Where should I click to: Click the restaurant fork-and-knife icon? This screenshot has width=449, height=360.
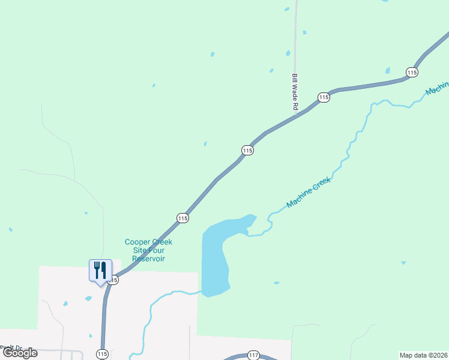tap(100, 270)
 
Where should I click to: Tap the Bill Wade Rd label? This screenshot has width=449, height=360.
tap(295, 92)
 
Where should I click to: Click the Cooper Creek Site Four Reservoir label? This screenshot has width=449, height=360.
tap(148, 250)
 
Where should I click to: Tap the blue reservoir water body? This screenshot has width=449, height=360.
tap(215, 258)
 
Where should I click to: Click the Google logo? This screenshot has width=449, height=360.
tap(20, 353)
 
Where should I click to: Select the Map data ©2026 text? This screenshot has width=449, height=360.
tap(423, 355)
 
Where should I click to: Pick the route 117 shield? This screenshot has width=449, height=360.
tap(253, 356)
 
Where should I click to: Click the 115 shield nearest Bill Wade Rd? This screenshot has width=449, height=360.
tap(324, 97)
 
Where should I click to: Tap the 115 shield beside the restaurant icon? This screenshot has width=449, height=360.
tap(113, 280)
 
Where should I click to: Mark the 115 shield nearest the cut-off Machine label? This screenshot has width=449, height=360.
tap(411, 72)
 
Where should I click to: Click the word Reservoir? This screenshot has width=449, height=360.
tap(148, 259)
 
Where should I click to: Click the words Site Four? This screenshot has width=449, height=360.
tap(148, 250)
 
